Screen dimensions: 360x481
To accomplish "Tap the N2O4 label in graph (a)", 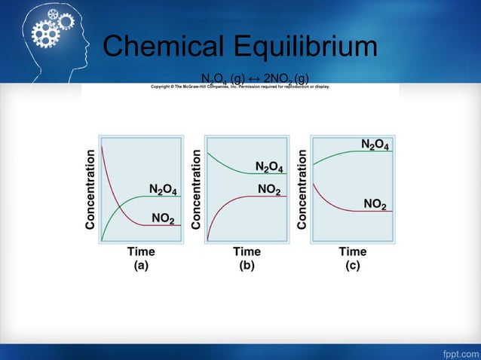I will pos(163,189).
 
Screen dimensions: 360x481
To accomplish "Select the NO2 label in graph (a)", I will pos(163,219).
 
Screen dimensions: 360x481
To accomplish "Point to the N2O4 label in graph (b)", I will pos(269,166).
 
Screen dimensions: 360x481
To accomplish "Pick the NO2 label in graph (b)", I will pos(269,190).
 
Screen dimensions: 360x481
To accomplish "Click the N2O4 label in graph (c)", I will pos(375,145).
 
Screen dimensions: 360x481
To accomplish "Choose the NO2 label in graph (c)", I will pos(375,204).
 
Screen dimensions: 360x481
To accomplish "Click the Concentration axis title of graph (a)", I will pos(90,190).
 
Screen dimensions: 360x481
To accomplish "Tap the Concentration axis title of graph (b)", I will pos(196,190).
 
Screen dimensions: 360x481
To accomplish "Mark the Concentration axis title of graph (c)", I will pos(302,190).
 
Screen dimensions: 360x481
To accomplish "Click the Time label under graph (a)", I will pos(141,251).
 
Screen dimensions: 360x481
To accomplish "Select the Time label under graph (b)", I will pos(247,251).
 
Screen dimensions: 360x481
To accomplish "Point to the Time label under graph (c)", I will pos(352,251).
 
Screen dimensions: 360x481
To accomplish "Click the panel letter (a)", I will pos(141,265).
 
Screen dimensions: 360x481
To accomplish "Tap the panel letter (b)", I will pos(247,265).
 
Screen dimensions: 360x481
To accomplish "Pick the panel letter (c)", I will pos(352,265).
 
